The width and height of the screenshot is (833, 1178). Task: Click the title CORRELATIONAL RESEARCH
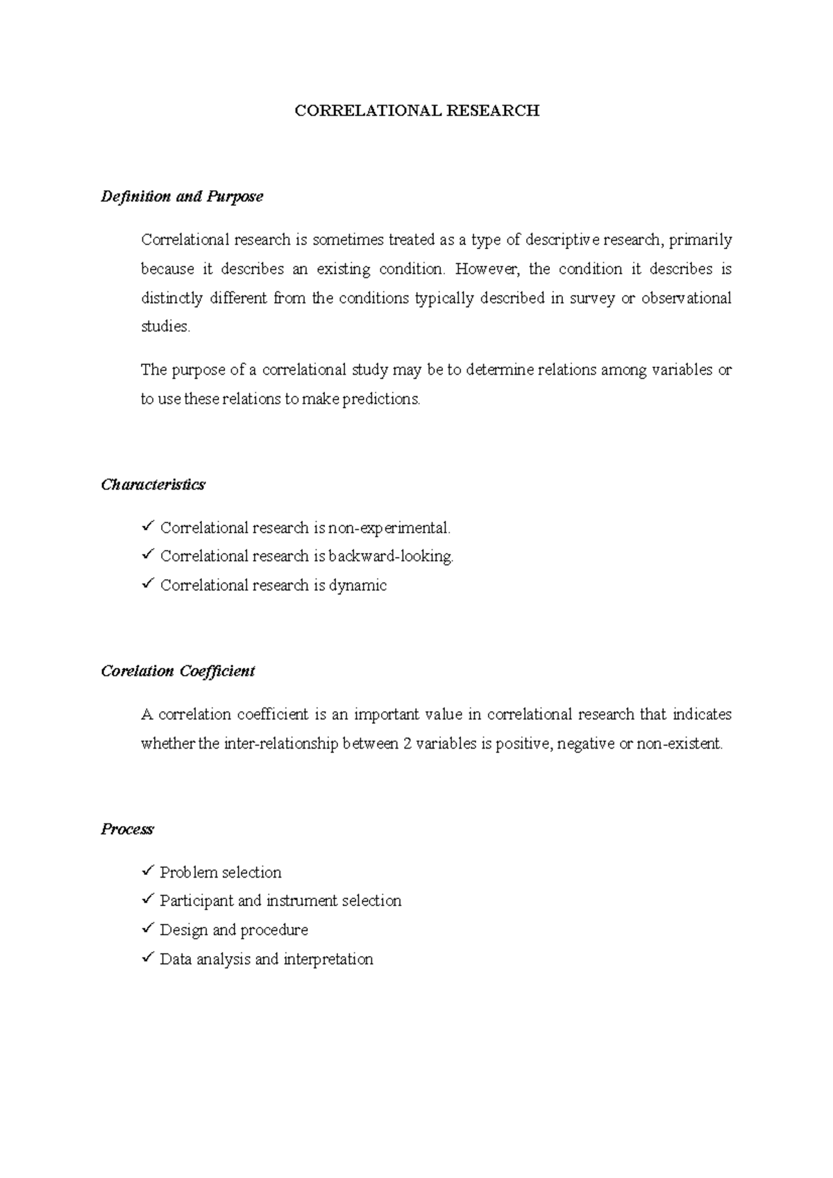(416, 111)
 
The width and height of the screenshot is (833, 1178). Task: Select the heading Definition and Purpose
(182, 197)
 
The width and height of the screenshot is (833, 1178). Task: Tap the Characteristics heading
(153, 485)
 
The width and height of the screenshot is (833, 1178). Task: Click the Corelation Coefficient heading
(178, 672)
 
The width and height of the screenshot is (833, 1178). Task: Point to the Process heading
(127, 830)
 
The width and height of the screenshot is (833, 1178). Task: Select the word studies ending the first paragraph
(165, 327)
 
